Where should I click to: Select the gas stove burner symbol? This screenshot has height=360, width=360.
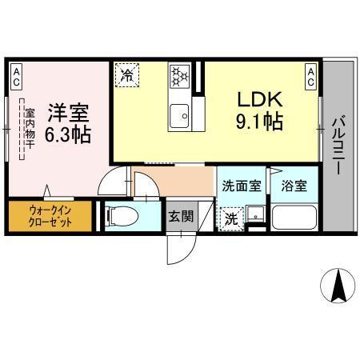tap(178, 76)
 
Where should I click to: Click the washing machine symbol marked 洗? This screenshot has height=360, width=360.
tap(230, 217)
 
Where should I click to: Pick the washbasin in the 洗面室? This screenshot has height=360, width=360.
tap(255, 215)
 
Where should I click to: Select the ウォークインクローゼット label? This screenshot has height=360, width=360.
tap(50, 216)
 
